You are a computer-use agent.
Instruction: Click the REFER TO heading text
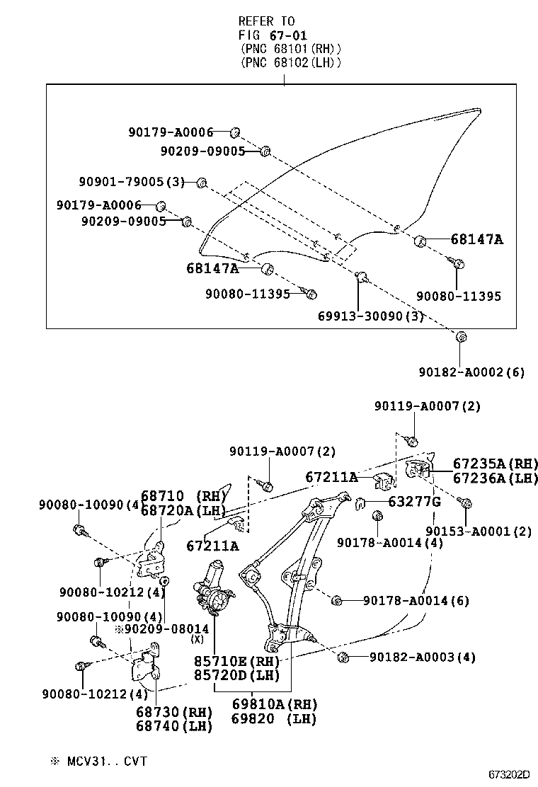pos(266,21)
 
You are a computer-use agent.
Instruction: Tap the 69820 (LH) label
pos(274,719)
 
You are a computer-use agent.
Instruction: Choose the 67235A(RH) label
pos(486,464)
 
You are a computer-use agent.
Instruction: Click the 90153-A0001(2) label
pos(479,532)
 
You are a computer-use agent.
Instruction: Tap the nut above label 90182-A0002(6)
pos(461,337)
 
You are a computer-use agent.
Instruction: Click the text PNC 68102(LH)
pos(291,62)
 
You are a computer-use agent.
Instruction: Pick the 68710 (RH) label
pos(182,496)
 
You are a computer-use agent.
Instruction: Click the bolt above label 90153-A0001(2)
pos(466,502)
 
